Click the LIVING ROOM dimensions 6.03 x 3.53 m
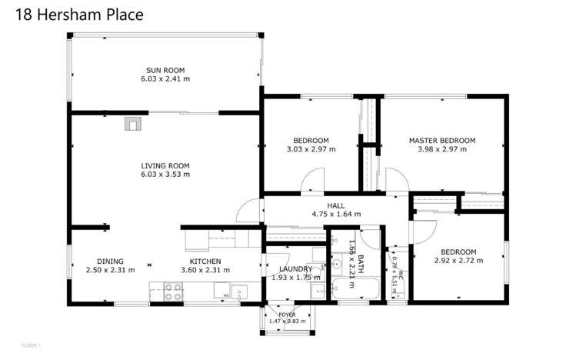tap(165, 175)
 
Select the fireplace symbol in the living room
tap(134, 124)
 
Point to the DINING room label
tap(110, 261)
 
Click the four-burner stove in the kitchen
tap(172, 292)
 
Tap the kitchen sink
tap(239, 292)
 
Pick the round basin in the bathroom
tap(337, 264)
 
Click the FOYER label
tap(287, 315)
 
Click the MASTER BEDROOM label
tap(441, 141)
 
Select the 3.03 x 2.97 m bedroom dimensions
tap(311, 149)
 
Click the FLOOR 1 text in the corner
tap(31, 345)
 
